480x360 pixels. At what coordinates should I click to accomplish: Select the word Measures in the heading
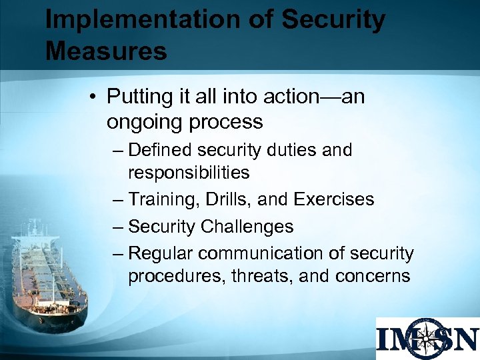click(106, 51)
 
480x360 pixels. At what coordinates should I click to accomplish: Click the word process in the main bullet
click(229, 123)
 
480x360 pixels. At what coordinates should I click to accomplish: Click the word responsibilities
click(189, 173)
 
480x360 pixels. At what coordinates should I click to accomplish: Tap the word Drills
click(227, 199)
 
